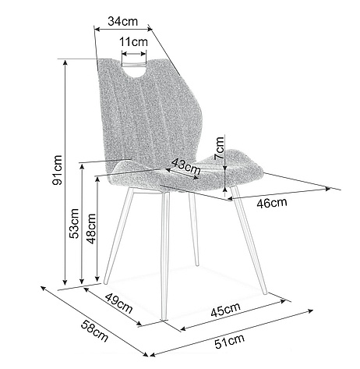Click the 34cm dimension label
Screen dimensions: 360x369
tap(122, 21)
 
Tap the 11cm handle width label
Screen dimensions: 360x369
tap(133, 41)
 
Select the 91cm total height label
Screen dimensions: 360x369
tap(58, 170)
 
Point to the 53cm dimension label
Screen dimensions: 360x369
tap(74, 223)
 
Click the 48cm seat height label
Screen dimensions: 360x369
tap(91, 229)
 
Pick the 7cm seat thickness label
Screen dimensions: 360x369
tap(219, 148)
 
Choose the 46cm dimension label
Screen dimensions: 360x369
tap(272, 203)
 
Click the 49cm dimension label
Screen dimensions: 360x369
tap(119, 303)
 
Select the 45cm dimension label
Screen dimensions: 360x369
tap(225, 310)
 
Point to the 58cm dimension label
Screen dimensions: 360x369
tap(94, 331)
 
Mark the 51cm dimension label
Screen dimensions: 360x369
tap(230, 341)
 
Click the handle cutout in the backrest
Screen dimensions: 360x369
tap(134, 69)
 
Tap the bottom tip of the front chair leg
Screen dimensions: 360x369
tap(164, 318)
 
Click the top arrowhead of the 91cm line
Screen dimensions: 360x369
tap(65, 62)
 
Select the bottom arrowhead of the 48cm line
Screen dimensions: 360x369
tap(97, 279)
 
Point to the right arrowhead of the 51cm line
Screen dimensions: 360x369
tap(311, 310)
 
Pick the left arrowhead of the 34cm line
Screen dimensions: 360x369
tap(97, 30)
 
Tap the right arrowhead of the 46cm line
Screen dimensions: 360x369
tap(328, 188)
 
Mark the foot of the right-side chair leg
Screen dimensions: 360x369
tap(265, 293)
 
